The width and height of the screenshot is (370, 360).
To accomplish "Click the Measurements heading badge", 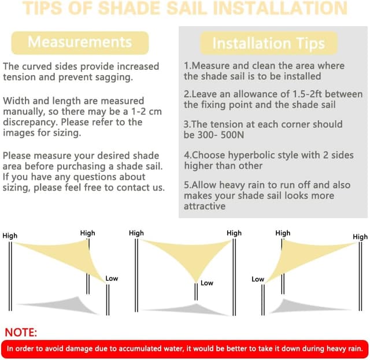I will pos(80,42).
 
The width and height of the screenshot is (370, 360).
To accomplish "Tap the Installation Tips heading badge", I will pos(268,43).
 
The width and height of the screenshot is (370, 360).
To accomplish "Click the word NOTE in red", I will pos(21,332).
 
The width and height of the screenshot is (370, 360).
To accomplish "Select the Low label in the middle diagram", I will pos(206,283).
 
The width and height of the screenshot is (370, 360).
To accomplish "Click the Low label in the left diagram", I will pos(112,279).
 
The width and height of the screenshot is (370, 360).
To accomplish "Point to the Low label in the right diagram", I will pos(258,279).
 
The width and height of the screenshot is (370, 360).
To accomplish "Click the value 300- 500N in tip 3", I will pos(219,135).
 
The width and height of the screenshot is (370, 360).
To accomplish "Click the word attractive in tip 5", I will pos(205,206).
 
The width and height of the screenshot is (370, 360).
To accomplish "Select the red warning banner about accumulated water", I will pos(185,348).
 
